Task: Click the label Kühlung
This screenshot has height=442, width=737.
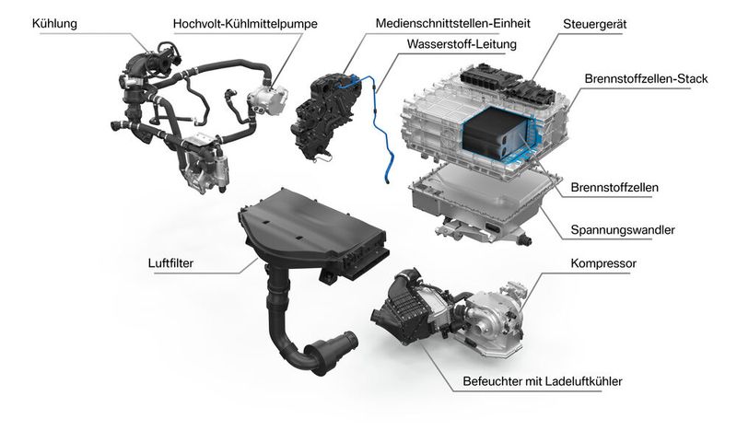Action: coord(55,20)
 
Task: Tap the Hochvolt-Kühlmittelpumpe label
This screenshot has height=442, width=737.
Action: coord(239,23)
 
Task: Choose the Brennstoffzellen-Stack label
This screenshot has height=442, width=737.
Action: coord(645,79)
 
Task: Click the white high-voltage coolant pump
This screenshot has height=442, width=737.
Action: coord(267,96)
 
